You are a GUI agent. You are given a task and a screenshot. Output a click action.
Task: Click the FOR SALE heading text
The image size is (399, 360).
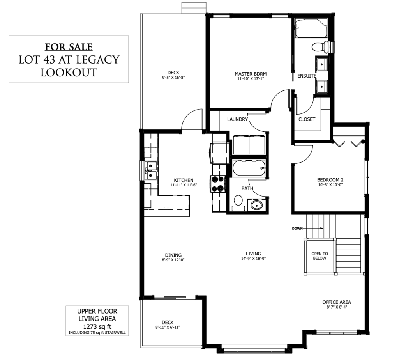(69, 47)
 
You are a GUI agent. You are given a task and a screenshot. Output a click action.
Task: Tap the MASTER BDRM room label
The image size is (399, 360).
(251, 74)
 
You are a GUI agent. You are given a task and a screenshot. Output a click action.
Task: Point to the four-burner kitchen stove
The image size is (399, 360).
(218, 184)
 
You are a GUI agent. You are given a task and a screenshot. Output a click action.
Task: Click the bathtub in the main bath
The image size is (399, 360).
(249, 168)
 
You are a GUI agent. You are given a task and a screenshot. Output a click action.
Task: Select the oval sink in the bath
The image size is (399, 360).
(256, 205)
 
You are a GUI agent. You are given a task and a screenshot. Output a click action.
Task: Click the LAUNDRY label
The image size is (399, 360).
(237, 119)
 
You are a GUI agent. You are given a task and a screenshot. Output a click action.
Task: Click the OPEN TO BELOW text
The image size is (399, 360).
(320, 256)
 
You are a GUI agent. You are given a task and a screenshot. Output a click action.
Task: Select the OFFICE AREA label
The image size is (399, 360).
(337, 302)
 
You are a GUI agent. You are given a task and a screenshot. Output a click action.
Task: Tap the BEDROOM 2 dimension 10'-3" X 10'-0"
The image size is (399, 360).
(330, 185)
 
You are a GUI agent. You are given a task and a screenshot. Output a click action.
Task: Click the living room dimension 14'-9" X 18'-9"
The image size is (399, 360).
(253, 259)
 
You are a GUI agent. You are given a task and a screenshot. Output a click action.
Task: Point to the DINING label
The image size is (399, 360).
(173, 255)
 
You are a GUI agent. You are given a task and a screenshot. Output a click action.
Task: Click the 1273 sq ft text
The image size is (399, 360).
(97, 326)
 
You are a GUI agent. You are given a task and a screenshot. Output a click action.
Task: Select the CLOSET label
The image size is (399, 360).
(307, 119)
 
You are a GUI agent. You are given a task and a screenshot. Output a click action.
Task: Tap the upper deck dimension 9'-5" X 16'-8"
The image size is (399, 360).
(173, 78)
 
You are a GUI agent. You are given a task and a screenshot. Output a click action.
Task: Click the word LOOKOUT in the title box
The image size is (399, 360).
(69, 73)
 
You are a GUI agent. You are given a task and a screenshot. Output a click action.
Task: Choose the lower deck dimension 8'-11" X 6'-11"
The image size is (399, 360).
(168, 327)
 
